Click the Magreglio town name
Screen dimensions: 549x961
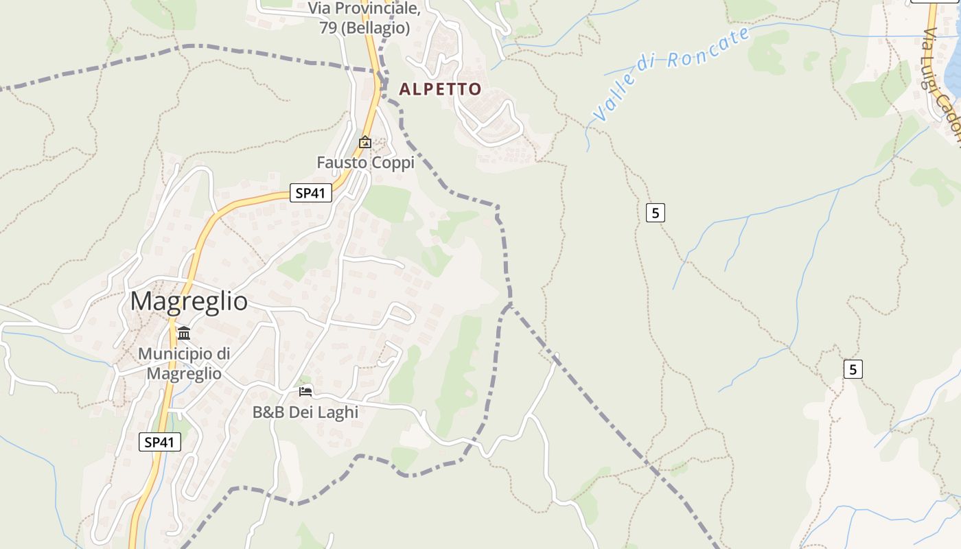189,301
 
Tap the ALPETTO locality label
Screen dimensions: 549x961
440,89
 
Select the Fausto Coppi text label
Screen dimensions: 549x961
365,163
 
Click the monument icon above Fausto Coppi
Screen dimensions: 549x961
365,143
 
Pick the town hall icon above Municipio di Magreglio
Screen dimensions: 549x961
184,334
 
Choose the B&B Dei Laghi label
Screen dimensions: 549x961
305,412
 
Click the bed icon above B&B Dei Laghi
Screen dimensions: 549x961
305,392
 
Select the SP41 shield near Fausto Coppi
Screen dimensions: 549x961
310,193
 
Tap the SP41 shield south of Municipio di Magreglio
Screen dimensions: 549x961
160,442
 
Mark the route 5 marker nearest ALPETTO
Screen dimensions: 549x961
656,213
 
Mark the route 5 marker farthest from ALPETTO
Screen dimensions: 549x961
853,369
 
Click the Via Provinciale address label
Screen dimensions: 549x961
364,18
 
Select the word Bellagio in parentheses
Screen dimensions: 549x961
380,28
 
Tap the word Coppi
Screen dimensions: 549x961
393,163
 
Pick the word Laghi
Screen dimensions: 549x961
341,412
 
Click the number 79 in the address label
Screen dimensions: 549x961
328,28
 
